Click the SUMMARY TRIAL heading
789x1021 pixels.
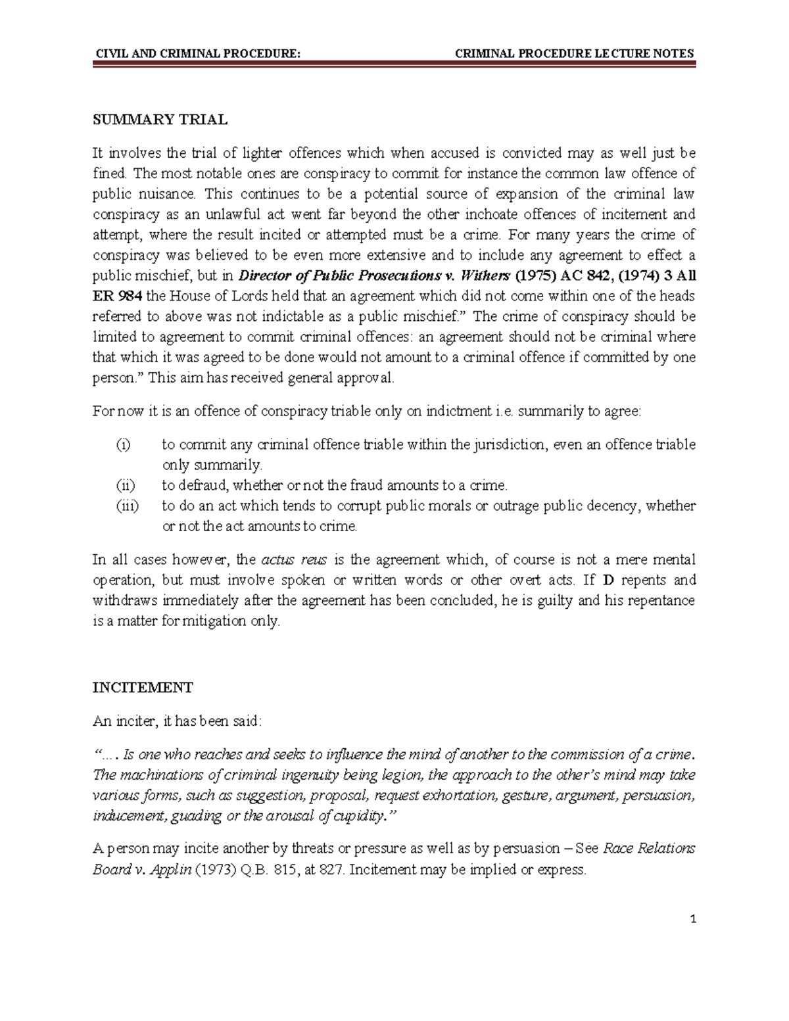(x=160, y=120)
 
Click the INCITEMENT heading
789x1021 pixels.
(x=142, y=688)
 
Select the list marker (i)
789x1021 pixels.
(x=124, y=445)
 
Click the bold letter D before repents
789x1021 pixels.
(x=607, y=581)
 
